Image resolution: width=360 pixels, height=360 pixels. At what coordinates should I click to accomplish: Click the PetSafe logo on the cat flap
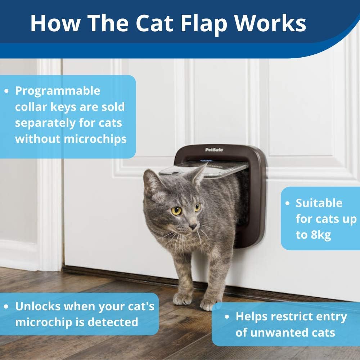(214, 150)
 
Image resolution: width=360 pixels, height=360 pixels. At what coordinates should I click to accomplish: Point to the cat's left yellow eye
(176, 211)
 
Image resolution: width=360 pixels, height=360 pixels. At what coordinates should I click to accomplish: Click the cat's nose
(193, 226)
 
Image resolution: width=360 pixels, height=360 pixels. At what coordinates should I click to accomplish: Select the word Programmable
(58, 91)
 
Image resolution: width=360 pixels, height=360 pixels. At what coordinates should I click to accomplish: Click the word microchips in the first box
(95, 139)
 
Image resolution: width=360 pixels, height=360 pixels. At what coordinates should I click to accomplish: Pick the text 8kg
(321, 235)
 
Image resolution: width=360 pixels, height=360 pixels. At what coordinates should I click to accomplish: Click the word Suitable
(319, 203)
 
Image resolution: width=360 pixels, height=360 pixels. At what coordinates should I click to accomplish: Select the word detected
(113, 322)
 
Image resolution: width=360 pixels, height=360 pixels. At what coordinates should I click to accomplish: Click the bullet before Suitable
(287, 203)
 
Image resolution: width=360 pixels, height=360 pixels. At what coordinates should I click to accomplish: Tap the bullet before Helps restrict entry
(227, 317)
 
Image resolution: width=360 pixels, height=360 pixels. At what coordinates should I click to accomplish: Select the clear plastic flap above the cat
(203, 170)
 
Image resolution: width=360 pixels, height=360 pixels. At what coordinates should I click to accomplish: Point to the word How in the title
(55, 23)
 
